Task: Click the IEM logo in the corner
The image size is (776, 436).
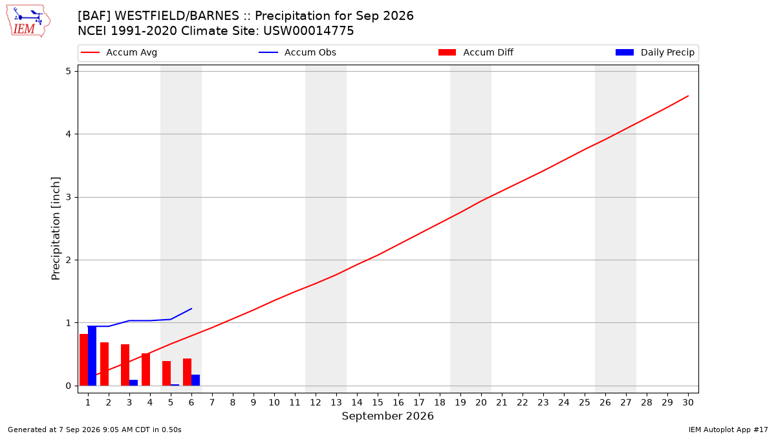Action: [x=28, y=21]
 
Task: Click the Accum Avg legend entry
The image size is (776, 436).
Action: [x=119, y=52]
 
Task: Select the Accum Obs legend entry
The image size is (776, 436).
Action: [x=297, y=52]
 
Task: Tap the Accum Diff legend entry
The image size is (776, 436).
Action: [x=476, y=52]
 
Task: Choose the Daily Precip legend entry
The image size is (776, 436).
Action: [x=654, y=52]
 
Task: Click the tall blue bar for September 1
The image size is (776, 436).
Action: [x=92, y=356]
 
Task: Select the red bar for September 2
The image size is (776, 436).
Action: [x=105, y=364]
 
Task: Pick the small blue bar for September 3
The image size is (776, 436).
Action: [x=133, y=382]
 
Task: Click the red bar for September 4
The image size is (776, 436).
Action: [x=146, y=369]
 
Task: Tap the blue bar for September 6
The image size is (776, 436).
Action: [x=195, y=380]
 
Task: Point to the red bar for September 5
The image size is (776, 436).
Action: [x=167, y=373]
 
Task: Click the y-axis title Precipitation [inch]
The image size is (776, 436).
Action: [x=56, y=229]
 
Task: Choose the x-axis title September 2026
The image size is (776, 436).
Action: [x=387, y=416]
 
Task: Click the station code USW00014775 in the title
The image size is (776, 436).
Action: [x=308, y=31]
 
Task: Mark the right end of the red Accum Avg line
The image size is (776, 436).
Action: [x=688, y=96]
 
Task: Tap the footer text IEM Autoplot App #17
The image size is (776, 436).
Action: [x=728, y=430]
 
